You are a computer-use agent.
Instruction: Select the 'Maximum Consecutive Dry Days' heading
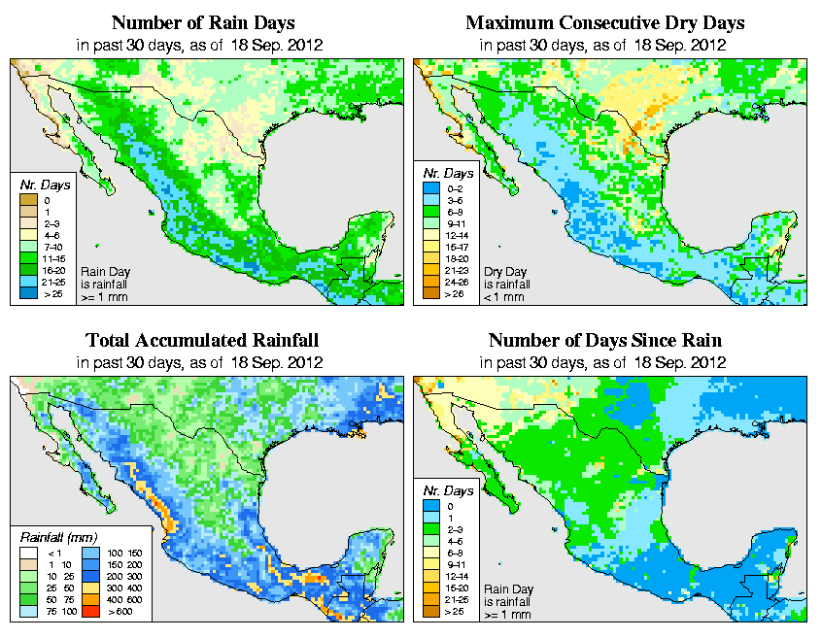point(606,22)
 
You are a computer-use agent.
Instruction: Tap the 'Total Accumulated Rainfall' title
point(202,341)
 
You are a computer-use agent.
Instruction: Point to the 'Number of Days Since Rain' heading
point(606,341)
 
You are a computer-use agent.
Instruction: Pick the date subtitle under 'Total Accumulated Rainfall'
point(202,362)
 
